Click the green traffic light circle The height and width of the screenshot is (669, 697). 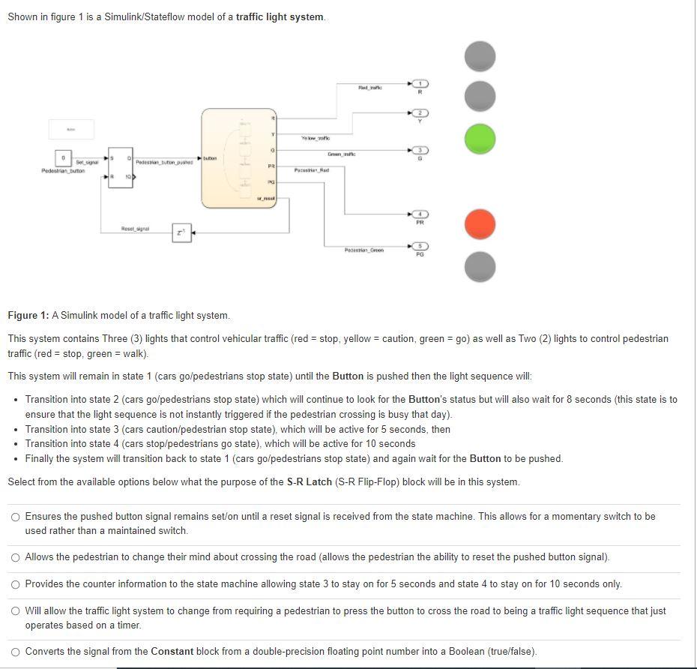480,139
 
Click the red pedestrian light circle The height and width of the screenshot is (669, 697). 480,223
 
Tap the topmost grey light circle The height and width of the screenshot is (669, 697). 480,56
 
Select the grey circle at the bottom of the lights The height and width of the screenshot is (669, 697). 480,267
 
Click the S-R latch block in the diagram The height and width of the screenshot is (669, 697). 120,167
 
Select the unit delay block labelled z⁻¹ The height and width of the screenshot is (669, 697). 181,232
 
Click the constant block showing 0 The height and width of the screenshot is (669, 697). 64,159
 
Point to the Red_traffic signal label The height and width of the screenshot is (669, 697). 369,88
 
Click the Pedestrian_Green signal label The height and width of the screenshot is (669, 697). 363,250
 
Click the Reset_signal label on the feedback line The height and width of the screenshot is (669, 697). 135,228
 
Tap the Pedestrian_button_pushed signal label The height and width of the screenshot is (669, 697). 164,162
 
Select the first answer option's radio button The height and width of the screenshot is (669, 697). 15,517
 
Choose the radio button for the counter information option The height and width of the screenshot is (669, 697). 15,583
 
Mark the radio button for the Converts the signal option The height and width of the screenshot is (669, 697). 15,651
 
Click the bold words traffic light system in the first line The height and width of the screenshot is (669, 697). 280,16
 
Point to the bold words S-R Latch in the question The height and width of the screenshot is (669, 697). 309,481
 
